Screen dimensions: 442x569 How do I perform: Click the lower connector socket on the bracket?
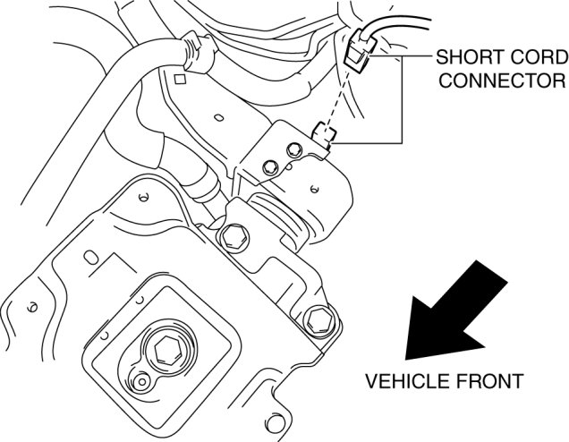coord(324,135)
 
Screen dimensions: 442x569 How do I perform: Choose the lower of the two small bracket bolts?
coord(271,166)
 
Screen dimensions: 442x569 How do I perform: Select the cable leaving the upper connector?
coord(394,31)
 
